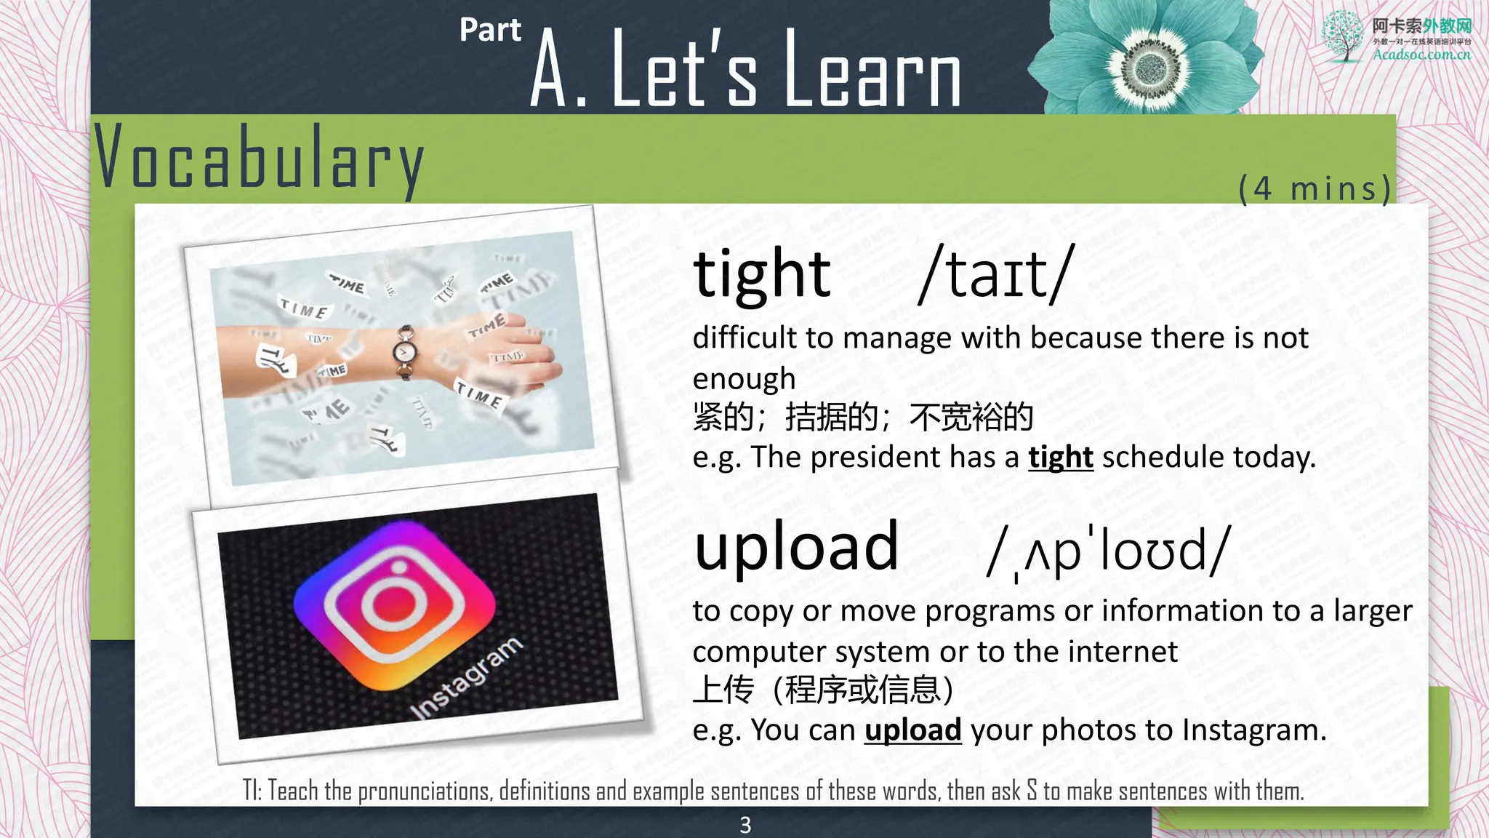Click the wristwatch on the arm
coord(405,352)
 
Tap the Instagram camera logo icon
coord(394,604)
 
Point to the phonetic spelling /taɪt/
coord(995,274)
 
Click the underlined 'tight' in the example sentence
coord(1060,458)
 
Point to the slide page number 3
coord(745,825)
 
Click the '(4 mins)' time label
coord(1315,188)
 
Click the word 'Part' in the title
coord(490,31)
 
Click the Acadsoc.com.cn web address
coord(1421,55)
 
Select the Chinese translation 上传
coord(723,690)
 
